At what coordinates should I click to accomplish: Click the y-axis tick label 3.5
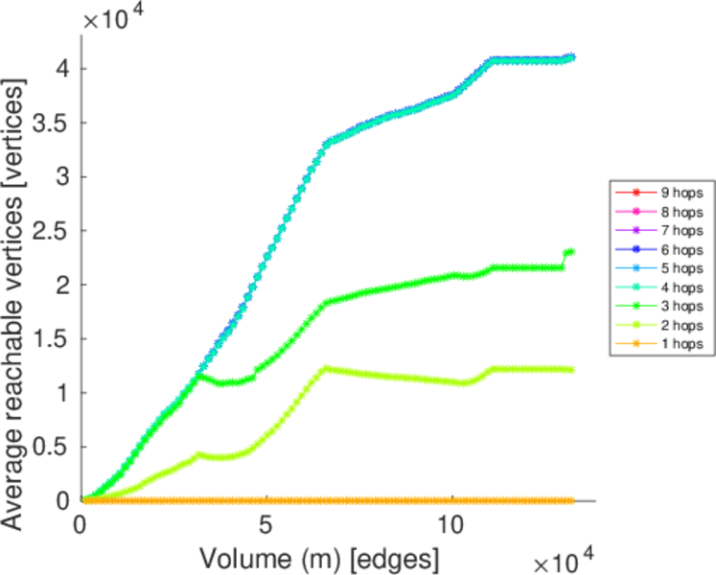[52, 123]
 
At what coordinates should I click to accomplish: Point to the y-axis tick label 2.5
[52, 231]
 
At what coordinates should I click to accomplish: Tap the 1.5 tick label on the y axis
[52, 339]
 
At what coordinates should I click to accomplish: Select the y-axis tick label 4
[64, 69]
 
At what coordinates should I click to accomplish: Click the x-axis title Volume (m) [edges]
[320, 557]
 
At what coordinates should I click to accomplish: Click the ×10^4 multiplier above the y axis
[112, 21]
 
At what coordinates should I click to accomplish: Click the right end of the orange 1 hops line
[572, 500]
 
